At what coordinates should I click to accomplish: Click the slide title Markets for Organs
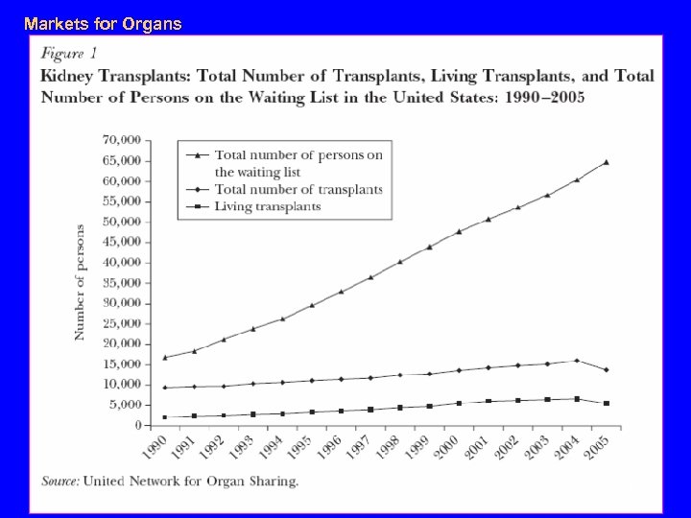click(103, 23)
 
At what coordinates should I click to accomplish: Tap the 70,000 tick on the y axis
click(121, 140)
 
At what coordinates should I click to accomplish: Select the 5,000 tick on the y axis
click(124, 405)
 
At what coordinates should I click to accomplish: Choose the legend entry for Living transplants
click(268, 206)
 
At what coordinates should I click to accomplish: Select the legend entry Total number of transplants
click(298, 189)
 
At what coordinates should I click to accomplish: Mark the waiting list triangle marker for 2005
click(606, 162)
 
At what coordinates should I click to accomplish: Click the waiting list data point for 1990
click(166, 357)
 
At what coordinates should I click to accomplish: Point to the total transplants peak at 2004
click(576, 361)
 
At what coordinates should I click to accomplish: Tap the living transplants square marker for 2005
click(606, 403)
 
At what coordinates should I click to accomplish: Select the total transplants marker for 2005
click(606, 369)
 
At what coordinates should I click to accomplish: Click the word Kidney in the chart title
click(70, 76)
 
